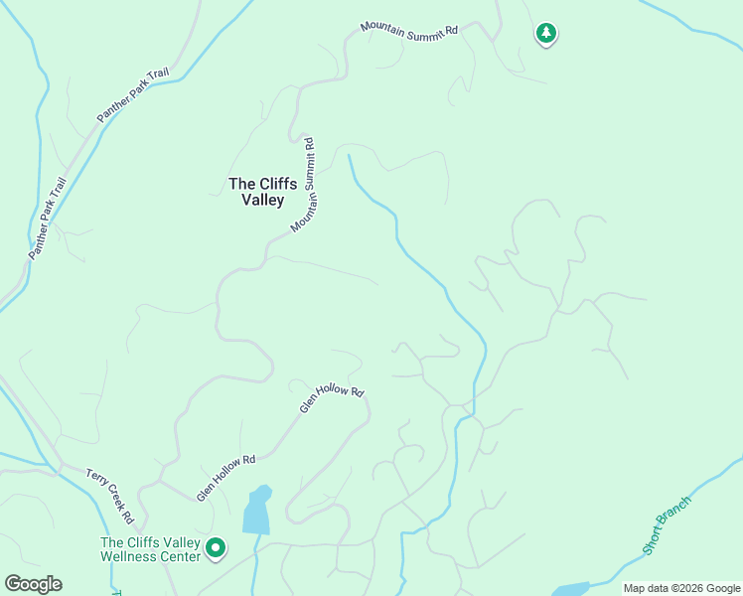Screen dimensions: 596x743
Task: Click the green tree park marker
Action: click(x=545, y=34)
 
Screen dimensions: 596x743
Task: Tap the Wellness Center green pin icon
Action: click(x=215, y=547)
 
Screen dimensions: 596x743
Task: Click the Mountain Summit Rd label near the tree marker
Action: click(x=409, y=29)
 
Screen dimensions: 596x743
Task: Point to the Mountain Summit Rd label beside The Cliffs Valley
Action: click(x=304, y=186)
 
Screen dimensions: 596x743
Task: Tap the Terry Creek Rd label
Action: click(x=109, y=496)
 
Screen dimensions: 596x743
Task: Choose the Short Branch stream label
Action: click(x=666, y=524)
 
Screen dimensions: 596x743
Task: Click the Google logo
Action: click(x=33, y=584)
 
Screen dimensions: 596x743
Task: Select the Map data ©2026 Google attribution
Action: click(x=680, y=588)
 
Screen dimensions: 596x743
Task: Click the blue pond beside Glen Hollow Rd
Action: click(x=256, y=511)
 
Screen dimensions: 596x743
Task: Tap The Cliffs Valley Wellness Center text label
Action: click(x=150, y=548)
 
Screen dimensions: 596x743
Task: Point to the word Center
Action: click(x=181, y=555)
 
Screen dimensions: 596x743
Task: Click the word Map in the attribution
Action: click(x=635, y=588)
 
